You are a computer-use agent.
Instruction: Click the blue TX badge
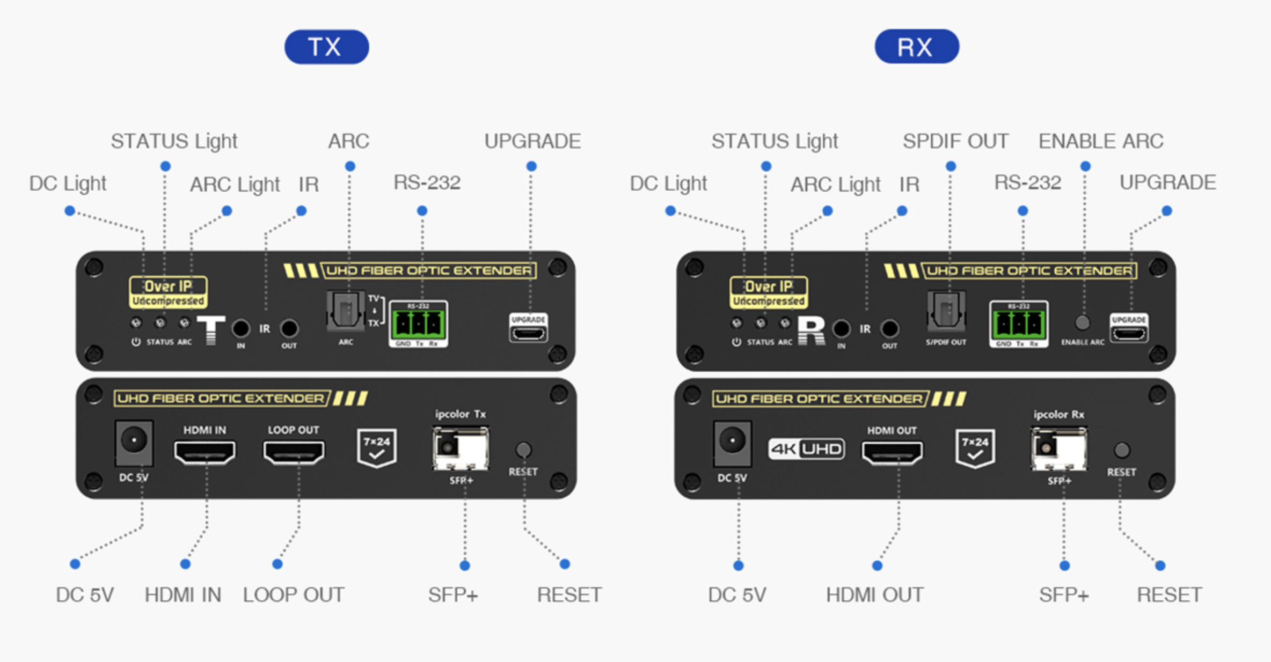(326, 47)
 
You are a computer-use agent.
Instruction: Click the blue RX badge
(917, 47)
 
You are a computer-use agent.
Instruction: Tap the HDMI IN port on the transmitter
(204, 452)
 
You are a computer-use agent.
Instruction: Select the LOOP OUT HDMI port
(294, 452)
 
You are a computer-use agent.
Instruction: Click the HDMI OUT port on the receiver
(892, 452)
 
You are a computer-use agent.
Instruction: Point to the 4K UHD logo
(806, 449)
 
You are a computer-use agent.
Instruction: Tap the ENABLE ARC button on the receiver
(1082, 323)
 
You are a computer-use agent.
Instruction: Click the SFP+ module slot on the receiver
(1058, 448)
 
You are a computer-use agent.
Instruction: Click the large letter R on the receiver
(811, 330)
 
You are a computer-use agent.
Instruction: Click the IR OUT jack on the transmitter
(289, 328)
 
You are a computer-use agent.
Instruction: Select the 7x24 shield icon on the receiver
(975, 448)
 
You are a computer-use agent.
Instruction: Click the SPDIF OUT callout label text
(955, 142)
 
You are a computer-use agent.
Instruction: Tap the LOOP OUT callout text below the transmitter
(293, 595)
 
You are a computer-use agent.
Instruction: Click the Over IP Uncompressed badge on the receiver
(769, 292)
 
